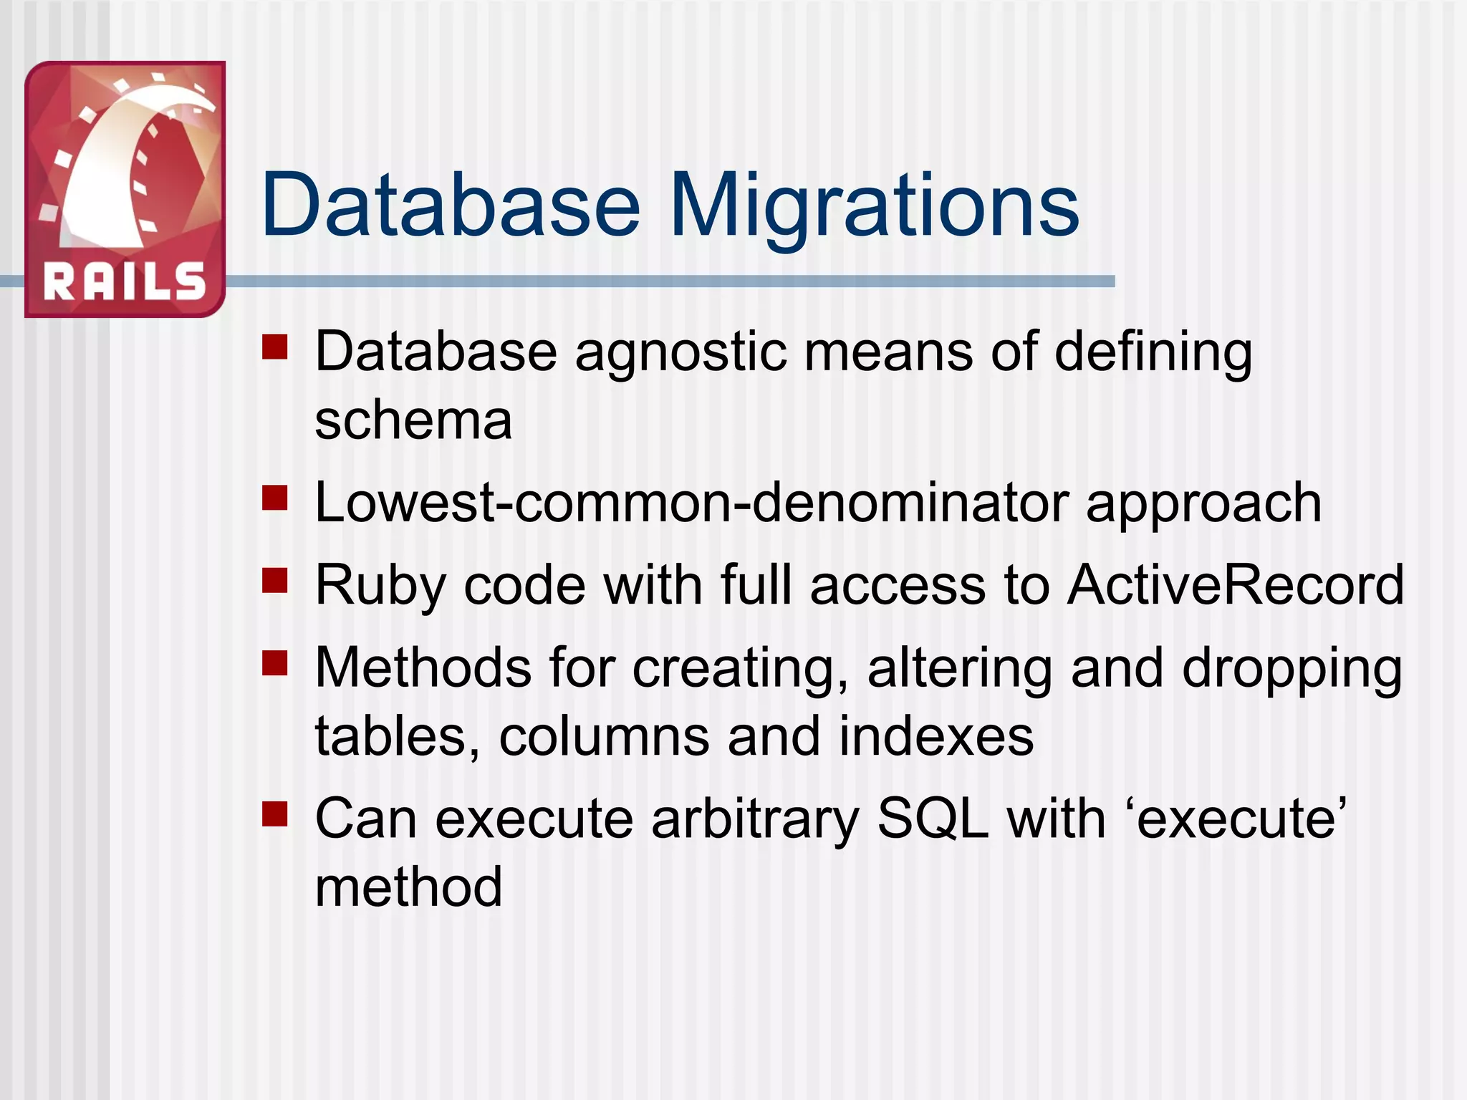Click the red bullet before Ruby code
point(274,581)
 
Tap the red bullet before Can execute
point(274,814)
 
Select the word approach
point(1203,503)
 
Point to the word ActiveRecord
point(1235,585)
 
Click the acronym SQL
point(933,819)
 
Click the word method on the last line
point(408,887)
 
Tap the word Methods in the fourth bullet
point(423,667)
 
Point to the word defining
point(1153,353)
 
